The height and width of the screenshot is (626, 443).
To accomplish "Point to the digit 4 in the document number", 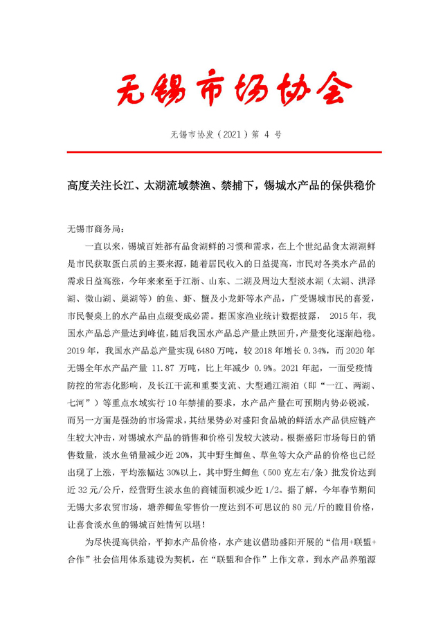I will point(263,134).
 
